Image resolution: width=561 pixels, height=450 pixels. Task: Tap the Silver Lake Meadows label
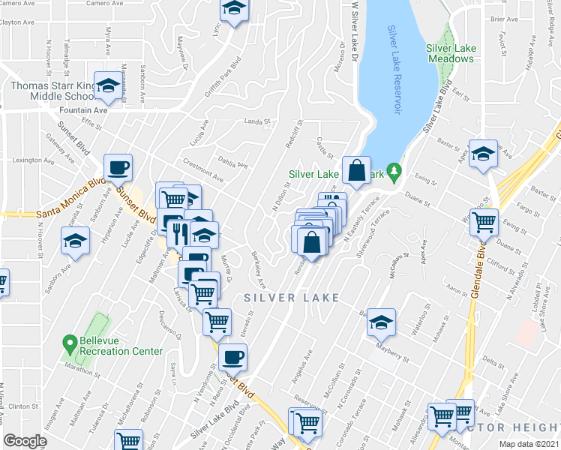pos(450,53)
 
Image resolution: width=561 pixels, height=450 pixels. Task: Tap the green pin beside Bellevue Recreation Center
pos(69,340)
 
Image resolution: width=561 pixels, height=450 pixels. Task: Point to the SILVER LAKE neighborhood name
pos(292,298)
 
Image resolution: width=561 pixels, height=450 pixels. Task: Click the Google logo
pos(25,440)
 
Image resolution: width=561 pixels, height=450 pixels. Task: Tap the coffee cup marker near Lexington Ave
pos(118,168)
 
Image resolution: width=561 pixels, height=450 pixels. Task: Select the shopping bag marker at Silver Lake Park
pos(357,169)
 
